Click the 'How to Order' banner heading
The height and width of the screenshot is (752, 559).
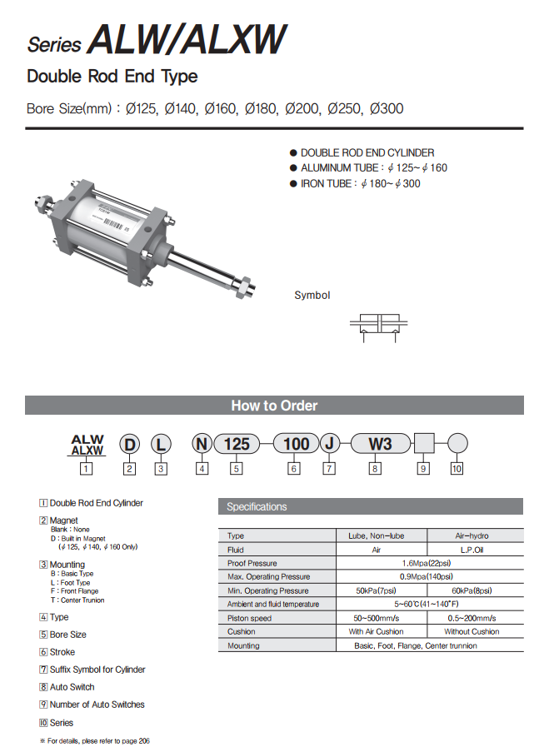pyautogui.click(x=274, y=406)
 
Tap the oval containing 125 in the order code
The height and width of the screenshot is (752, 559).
pyautogui.click(x=237, y=444)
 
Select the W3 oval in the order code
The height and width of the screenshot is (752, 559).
pyautogui.click(x=379, y=444)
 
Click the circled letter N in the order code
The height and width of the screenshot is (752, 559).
pyautogui.click(x=202, y=444)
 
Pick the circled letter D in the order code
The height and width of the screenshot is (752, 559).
pyautogui.click(x=129, y=445)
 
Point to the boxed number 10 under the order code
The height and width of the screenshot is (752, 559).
pyautogui.click(x=457, y=469)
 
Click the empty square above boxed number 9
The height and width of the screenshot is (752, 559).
pyautogui.click(x=424, y=444)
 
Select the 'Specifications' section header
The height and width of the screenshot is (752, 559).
pyautogui.click(x=257, y=506)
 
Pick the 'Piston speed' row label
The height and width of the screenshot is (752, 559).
pyautogui.click(x=250, y=618)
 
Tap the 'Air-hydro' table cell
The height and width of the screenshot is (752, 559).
pyautogui.click(x=475, y=536)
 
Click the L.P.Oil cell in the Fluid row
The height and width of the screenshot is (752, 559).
pyautogui.click(x=475, y=550)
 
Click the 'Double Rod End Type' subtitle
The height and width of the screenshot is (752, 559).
pyautogui.click(x=112, y=77)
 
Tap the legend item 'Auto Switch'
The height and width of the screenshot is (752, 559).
pyautogui.click(x=72, y=687)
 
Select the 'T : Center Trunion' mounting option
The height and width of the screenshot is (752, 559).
pyautogui.click(x=77, y=600)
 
